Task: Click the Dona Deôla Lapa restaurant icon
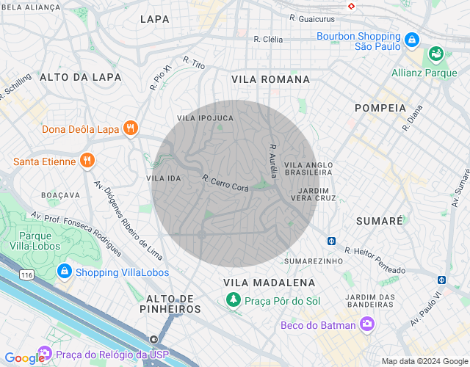pyautogui.click(x=131, y=129)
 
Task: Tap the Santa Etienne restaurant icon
pyautogui.click(x=87, y=161)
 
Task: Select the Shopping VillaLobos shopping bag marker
pyautogui.click(x=65, y=272)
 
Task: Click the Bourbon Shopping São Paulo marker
pyautogui.click(x=411, y=39)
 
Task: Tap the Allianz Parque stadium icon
pyautogui.click(x=436, y=54)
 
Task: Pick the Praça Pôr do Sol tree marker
pyautogui.click(x=234, y=299)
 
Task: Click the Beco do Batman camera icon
pyautogui.click(x=366, y=324)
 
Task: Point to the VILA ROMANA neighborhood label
pyautogui.click(x=270, y=79)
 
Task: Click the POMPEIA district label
pyautogui.click(x=380, y=107)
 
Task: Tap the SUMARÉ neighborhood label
pyautogui.click(x=379, y=220)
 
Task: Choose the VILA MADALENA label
pyautogui.click(x=269, y=283)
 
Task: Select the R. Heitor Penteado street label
pyautogui.click(x=375, y=260)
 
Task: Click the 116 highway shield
pyautogui.click(x=27, y=275)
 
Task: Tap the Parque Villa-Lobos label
pyautogui.click(x=35, y=241)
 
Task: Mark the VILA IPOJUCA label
pyautogui.click(x=205, y=117)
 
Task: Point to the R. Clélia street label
pyautogui.click(x=267, y=39)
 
